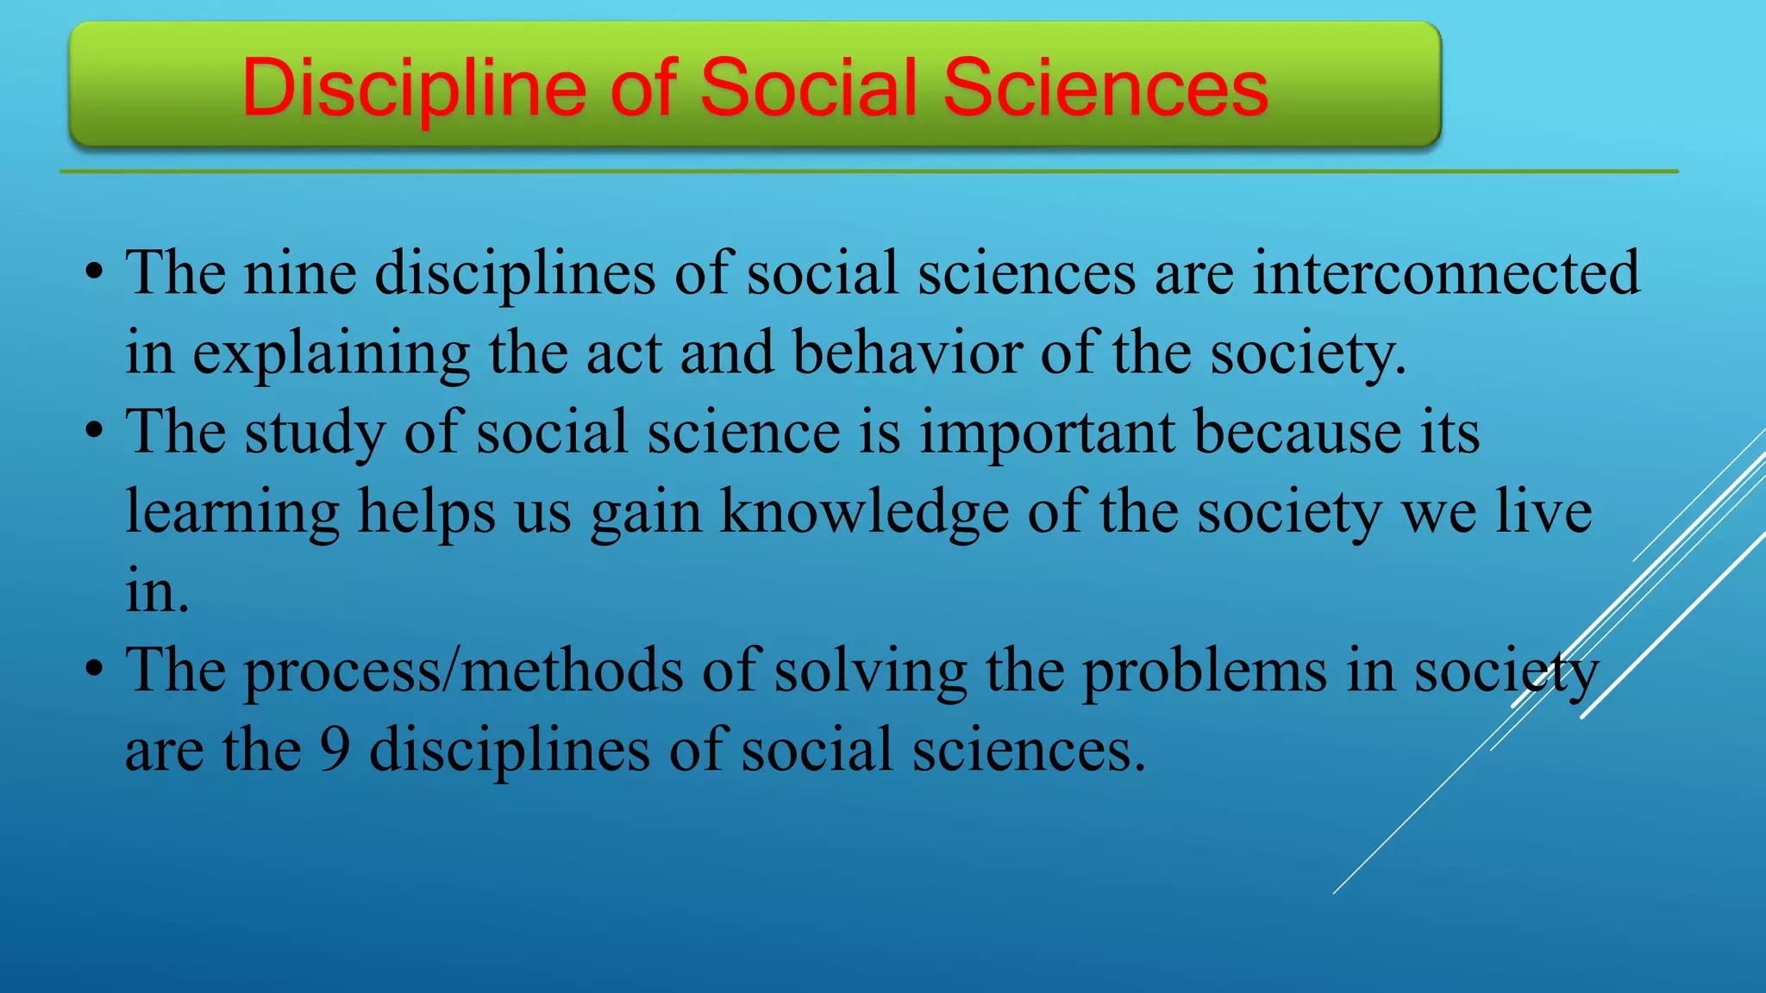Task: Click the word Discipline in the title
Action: pyautogui.click(x=415, y=87)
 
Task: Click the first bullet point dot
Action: pyautogui.click(x=95, y=274)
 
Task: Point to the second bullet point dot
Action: pyautogui.click(x=95, y=433)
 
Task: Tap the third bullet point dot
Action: pyautogui.click(x=95, y=671)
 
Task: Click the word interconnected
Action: pyautogui.click(x=1446, y=273)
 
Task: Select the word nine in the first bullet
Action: pyautogui.click(x=300, y=273)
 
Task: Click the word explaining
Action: pyautogui.click(x=331, y=354)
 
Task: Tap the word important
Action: pyautogui.click(x=1046, y=432)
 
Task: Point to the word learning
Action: pyautogui.click(x=232, y=512)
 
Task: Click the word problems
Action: pyautogui.click(x=1205, y=671)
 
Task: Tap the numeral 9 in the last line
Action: pyautogui.click(x=335, y=749)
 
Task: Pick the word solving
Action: pyautogui.click(x=870, y=671)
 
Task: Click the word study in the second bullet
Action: pyautogui.click(x=315, y=433)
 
